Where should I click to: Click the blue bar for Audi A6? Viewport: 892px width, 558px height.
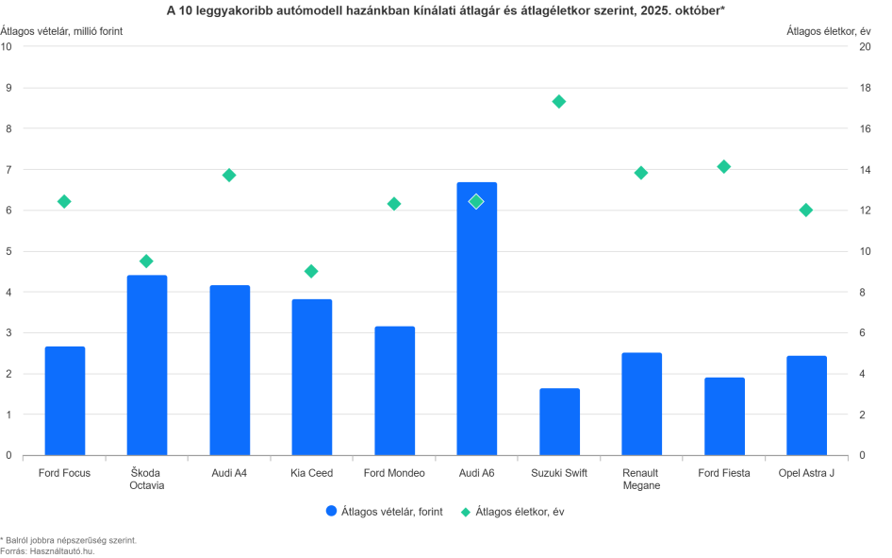[x=476, y=321]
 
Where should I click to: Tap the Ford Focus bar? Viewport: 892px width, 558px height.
[x=64, y=400]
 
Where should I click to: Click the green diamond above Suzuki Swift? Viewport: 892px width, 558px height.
[x=559, y=101]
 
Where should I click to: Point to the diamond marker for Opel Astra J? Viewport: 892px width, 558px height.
[x=806, y=210]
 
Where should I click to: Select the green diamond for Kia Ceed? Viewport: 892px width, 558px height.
[x=311, y=271]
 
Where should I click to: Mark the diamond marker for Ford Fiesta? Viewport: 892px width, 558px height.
[x=724, y=166]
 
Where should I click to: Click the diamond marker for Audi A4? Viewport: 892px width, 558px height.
[x=229, y=175]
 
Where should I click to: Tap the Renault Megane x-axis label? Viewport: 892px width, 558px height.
[x=641, y=479]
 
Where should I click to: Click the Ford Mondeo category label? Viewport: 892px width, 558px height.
[x=394, y=473]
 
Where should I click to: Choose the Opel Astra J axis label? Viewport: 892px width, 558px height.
[x=806, y=473]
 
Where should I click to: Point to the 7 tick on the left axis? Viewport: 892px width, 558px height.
[x=8, y=170]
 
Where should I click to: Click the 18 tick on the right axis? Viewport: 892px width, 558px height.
[x=861, y=88]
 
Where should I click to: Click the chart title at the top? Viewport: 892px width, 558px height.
[x=445, y=9]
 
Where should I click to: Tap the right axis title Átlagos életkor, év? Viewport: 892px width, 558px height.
[x=831, y=30]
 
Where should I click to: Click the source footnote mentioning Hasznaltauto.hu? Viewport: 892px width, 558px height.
[x=47, y=550]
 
